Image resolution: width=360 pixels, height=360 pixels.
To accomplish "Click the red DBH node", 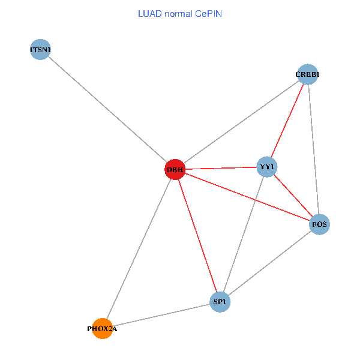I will (x=175, y=170).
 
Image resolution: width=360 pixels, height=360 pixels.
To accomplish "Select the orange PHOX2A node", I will (x=103, y=328).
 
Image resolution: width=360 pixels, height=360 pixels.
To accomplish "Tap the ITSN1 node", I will (x=40, y=50).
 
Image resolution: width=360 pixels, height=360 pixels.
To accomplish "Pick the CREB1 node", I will (x=307, y=74).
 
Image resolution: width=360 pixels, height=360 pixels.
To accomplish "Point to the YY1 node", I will (x=267, y=166).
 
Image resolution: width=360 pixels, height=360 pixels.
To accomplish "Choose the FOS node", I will (x=319, y=224).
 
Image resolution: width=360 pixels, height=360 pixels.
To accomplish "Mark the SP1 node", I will (x=220, y=302).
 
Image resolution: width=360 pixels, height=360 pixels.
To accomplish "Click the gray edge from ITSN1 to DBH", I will (x=107, y=110).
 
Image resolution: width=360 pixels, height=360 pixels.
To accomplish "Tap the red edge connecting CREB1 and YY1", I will (x=287, y=120).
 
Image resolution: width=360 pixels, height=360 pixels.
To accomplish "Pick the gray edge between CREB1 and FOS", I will (x=313, y=149).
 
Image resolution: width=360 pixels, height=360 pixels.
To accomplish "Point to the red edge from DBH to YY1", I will (x=221, y=168).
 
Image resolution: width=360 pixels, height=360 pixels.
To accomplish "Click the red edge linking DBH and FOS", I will (x=247, y=197).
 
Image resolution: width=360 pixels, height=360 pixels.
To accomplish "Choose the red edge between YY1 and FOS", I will (x=293, y=195).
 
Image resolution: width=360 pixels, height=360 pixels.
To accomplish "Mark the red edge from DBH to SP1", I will (x=197, y=236).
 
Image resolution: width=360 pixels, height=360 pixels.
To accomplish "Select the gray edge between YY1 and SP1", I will (x=244, y=234).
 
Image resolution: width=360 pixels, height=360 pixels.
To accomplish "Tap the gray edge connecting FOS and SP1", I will (x=270, y=263).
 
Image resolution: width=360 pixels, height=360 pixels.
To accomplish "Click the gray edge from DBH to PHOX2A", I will (x=139, y=249).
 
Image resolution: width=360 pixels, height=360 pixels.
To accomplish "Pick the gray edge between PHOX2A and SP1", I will (x=161, y=315).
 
